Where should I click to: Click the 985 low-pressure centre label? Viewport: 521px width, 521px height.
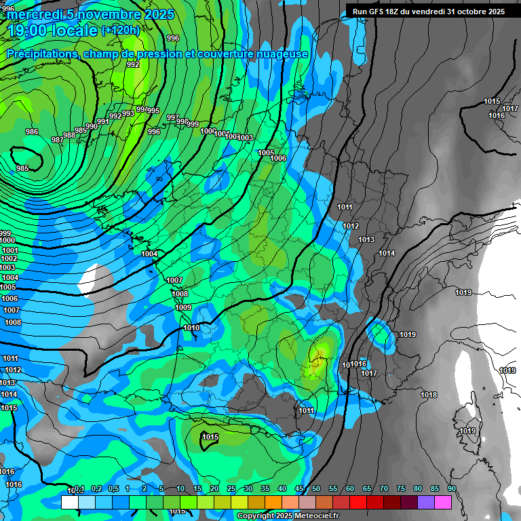coord(22,168)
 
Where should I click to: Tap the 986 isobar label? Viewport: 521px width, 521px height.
coord(32,132)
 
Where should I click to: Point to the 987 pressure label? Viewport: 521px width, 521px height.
coord(58,140)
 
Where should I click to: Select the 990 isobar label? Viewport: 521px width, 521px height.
coord(92,126)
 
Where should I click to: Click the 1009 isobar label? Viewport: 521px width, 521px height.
coord(183,307)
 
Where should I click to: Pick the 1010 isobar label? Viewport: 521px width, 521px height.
coord(191,328)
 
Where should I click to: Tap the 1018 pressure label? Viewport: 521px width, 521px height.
coord(429,395)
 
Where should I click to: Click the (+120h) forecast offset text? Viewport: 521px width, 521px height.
coord(121,30)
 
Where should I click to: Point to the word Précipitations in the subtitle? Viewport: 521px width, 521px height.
coord(40,54)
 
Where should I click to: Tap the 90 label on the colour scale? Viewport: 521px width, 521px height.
coord(451,488)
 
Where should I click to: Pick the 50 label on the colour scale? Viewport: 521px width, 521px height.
coord(316,488)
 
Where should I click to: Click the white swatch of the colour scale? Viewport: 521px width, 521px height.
coord(69,502)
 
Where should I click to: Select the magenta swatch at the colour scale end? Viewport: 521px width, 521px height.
coord(442,502)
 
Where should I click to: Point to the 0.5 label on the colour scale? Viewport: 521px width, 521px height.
coord(113,488)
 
